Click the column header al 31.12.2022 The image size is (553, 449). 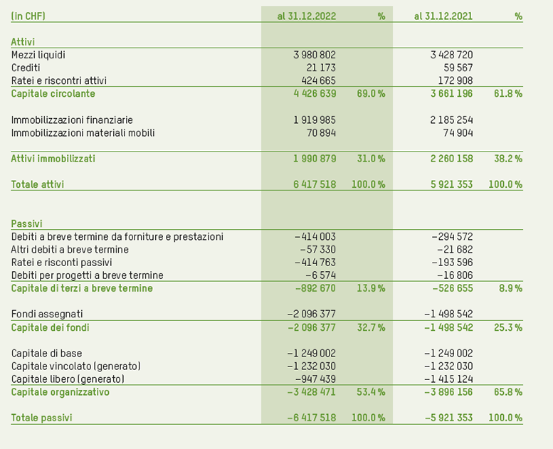pyautogui.click(x=306, y=16)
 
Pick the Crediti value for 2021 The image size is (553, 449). pyautogui.click(x=458, y=68)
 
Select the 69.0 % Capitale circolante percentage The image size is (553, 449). pyautogui.click(x=371, y=93)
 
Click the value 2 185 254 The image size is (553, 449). pyautogui.click(x=451, y=120)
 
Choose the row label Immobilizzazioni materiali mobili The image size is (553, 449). pyautogui.click(x=83, y=133)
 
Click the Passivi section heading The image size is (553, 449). pyautogui.click(x=26, y=223)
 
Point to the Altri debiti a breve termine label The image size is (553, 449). pyautogui.click(x=70, y=249)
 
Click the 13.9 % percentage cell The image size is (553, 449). pyautogui.click(x=371, y=288)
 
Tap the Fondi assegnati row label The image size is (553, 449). pyautogui.click(x=47, y=314)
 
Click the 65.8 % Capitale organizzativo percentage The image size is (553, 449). pyautogui.click(x=507, y=392)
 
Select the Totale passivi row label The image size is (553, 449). pyautogui.click(x=41, y=418)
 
